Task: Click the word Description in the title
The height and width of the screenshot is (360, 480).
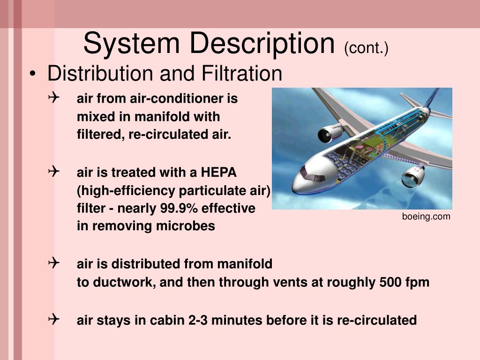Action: (262, 43)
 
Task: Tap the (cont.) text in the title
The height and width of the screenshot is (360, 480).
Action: (366, 48)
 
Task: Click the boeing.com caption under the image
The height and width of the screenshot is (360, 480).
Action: (426, 216)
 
